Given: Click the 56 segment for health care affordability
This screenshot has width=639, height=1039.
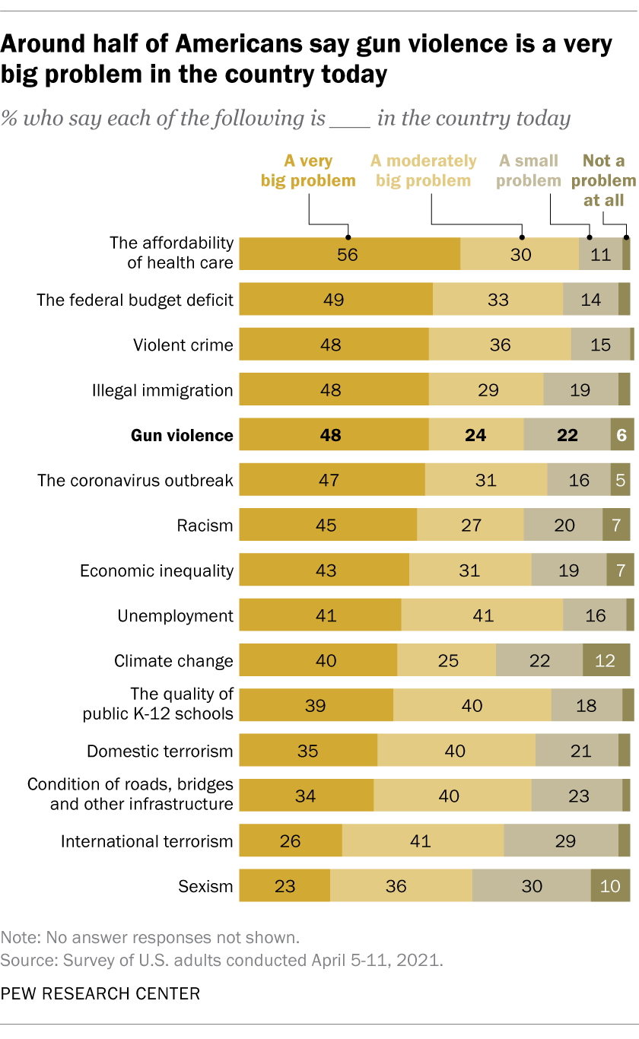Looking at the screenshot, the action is (349, 254).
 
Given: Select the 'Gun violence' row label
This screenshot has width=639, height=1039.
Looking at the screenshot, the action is (182, 435).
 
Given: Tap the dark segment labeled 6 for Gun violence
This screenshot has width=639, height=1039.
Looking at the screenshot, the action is (622, 434).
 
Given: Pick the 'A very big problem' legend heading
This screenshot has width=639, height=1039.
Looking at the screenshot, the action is (308, 170).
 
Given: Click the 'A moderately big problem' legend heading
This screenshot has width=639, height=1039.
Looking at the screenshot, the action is (423, 170).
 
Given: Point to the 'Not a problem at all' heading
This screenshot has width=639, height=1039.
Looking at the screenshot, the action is (603, 180).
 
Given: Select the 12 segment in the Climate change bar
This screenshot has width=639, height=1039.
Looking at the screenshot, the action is (606, 659).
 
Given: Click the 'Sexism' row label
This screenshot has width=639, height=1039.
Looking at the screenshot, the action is (205, 886).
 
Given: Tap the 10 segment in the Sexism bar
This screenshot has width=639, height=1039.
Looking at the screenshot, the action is (610, 885).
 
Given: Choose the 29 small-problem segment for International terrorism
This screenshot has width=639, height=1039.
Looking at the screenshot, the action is (561, 840).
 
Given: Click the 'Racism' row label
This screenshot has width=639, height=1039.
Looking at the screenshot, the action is (205, 526).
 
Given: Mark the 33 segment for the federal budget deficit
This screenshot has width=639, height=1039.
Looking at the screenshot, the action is (498, 299).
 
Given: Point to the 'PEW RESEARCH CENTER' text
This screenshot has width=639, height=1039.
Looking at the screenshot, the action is (100, 993).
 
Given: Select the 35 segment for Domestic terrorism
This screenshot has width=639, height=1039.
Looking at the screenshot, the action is (308, 749).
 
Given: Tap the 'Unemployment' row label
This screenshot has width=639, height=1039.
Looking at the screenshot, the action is (176, 615).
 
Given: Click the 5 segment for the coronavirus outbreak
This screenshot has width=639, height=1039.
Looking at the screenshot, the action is (620, 479).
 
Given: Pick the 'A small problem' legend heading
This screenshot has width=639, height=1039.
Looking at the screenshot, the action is (529, 170).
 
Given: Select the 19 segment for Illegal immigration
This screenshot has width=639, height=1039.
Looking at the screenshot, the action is (580, 389).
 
